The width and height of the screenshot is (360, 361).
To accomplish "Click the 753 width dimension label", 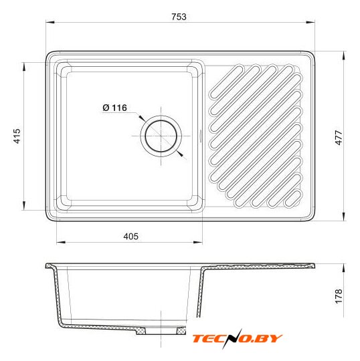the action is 179,17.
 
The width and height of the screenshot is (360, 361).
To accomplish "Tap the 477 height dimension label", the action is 339,138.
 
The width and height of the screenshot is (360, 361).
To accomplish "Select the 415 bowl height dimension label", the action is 17,136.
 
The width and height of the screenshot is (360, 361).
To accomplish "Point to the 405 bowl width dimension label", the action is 131,236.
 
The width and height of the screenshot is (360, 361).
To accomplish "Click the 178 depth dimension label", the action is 339,296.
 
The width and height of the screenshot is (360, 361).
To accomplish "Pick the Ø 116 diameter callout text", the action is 114,108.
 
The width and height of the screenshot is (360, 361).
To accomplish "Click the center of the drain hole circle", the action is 161,136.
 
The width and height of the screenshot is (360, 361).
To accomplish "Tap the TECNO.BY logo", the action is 238,338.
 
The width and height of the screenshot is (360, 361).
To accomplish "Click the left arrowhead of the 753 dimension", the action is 50,22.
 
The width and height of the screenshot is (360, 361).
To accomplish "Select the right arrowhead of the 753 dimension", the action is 310,22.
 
